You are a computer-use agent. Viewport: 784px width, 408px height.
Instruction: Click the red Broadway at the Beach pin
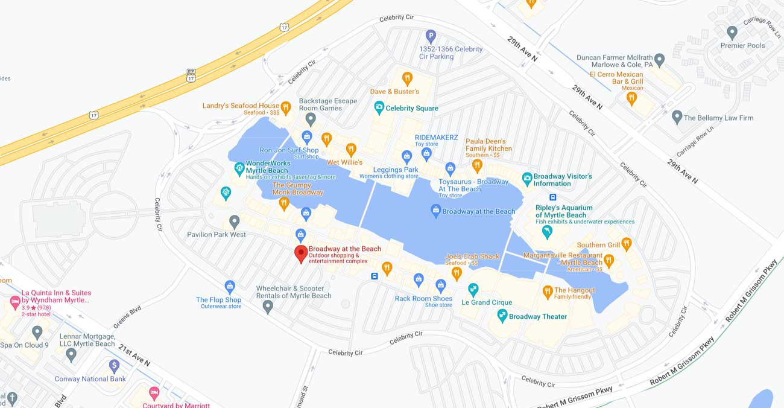tap(301, 253)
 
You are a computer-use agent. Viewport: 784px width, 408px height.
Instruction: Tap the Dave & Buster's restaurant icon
tap(407, 78)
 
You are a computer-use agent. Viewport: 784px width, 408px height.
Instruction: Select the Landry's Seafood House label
tap(241, 106)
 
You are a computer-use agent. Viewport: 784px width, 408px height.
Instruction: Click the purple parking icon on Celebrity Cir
tap(431, 36)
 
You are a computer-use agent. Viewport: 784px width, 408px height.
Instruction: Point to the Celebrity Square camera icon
tap(379, 107)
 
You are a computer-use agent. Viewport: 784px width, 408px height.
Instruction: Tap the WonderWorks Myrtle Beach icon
tap(239, 167)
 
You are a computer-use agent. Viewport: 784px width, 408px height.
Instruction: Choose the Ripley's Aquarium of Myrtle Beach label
tap(564, 211)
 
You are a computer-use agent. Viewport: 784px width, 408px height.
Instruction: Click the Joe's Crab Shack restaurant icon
tap(457, 273)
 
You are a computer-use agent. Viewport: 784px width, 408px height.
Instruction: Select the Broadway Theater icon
tap(502, 315)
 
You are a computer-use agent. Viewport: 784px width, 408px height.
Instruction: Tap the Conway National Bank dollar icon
tap(114, 365)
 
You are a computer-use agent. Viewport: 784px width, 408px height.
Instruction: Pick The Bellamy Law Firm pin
tap(677, 117)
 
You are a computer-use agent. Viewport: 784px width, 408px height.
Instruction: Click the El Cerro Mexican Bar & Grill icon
tap(631, 97)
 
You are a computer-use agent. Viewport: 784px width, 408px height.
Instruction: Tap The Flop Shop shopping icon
tap(229, 286)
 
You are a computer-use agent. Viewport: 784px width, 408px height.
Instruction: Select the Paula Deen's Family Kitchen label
tap(488, 145)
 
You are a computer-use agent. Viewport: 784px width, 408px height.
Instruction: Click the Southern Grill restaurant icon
tap(626, 243)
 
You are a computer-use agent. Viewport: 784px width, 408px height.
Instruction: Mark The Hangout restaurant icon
tap(548, 292)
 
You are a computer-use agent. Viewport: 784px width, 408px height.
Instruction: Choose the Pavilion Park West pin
tap(235, 222)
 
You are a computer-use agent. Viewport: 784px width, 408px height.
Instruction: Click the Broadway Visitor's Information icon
tap(526, 179)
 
